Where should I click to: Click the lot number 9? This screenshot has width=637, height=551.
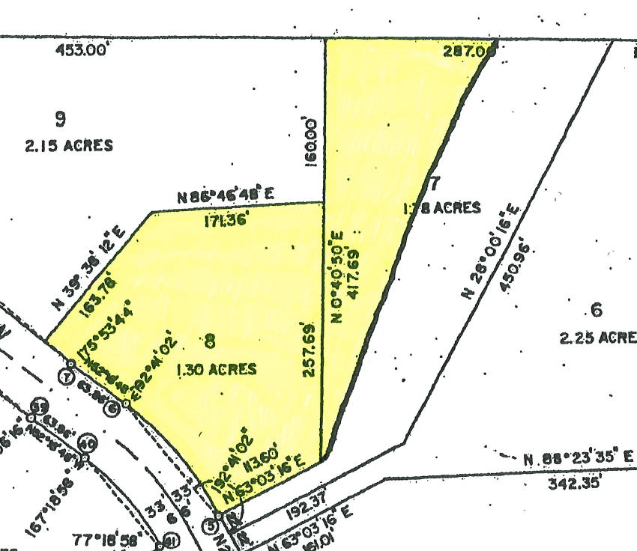point(61,118)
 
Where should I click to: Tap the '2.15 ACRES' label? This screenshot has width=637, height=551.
point(69,145)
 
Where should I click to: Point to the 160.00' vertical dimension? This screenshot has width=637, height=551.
point(311,141)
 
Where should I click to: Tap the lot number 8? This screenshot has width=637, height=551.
point(210,342)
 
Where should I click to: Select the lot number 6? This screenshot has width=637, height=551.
point(597,310)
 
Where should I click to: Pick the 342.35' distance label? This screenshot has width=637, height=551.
point(575,483)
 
